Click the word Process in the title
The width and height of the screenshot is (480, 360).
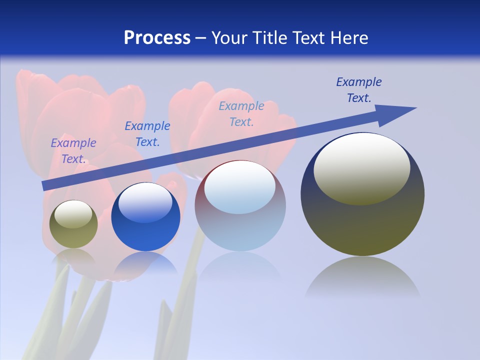click(x=157, y=38)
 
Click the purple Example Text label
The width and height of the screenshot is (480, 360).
click(x=73, y=151)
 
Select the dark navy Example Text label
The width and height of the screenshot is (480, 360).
click(x=358, y=90)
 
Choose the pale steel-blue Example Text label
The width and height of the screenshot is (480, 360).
click(x=241, y=114)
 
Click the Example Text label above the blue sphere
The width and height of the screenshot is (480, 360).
click(x=147, y=134)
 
